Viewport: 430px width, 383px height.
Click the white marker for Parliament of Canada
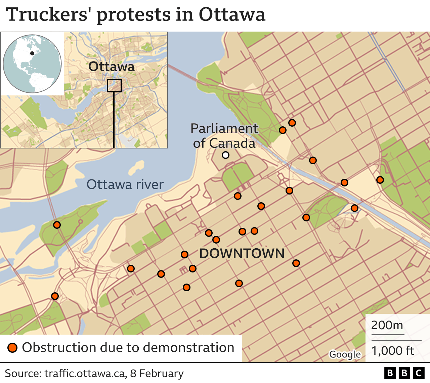pyautogui.click(x=226, y=155)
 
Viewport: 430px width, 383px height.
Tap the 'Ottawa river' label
pyautogui.click(x=125, y=184)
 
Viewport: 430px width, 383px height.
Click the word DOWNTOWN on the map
pyautogui.click(x=242, y=253)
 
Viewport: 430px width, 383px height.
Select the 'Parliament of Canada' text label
pyautogui.click(x=224, y=136)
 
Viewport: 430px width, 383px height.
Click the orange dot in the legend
pyautogui.click(x=13, y=348)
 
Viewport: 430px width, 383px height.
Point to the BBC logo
pyautogui.click(x=404, y=373)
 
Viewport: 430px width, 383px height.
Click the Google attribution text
pyautogui.click(x=345, y=354)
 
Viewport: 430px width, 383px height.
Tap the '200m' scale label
pyautogui.click(x=387, y=325)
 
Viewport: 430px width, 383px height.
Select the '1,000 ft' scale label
pyautogui.click(x=393, y=351)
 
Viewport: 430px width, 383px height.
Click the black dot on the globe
pyautogui.click(x=32, y=53)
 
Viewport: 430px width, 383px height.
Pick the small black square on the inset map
pyautogui.click(x=114, y=86)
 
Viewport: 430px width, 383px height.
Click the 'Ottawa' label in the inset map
pyautogui.click(x=111, y=67)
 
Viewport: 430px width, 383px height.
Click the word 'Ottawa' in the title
pyautogui.click(x=232, y=15)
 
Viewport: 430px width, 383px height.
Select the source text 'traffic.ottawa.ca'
pyautogui.click(x=84, y=374)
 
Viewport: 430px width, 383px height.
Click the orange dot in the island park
pyautogui.click(x=57, y=225)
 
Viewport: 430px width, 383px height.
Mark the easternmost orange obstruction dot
pyautogui.click(x=380, y=180)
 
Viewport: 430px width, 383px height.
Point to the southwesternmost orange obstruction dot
pyautogui.click(x=55, y=296)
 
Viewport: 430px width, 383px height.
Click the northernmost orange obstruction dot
pyautogui.click(x=292, y=123)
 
